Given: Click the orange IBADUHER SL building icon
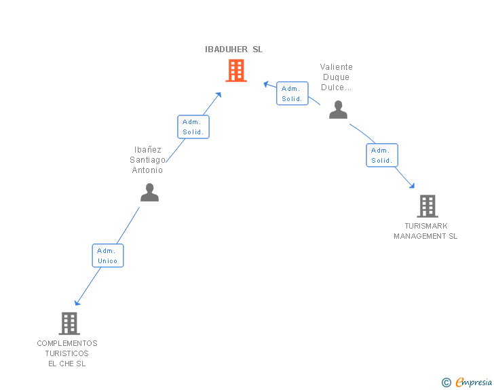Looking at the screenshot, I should click(235, 71).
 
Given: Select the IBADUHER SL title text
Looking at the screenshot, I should click(233, 50).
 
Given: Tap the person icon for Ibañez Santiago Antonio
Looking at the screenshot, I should click(149, 193).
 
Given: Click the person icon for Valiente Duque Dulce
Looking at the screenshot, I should click(338, 110).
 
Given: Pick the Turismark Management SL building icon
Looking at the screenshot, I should click(427, 206).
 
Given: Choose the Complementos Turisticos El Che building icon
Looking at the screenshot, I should click(69, 324).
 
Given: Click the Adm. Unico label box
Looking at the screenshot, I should click(108, 256).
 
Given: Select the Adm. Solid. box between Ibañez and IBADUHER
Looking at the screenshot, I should click(193, 127).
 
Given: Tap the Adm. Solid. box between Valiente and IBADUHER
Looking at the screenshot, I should click(292, 94).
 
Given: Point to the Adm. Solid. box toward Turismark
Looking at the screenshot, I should click(382, 155).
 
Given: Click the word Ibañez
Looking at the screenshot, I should click(147, 150).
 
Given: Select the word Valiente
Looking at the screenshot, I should click(337, 67).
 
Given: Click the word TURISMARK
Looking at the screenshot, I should click(426, 226).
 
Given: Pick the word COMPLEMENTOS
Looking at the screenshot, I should click(67, 343).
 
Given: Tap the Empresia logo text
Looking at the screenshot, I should click(474, 383).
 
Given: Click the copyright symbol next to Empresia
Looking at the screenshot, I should click(446, 383).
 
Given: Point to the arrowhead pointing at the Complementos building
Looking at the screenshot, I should click(77, 303).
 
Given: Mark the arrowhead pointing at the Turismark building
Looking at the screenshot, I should click(412, 185).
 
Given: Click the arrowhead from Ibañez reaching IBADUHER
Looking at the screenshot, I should click(218, 94).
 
